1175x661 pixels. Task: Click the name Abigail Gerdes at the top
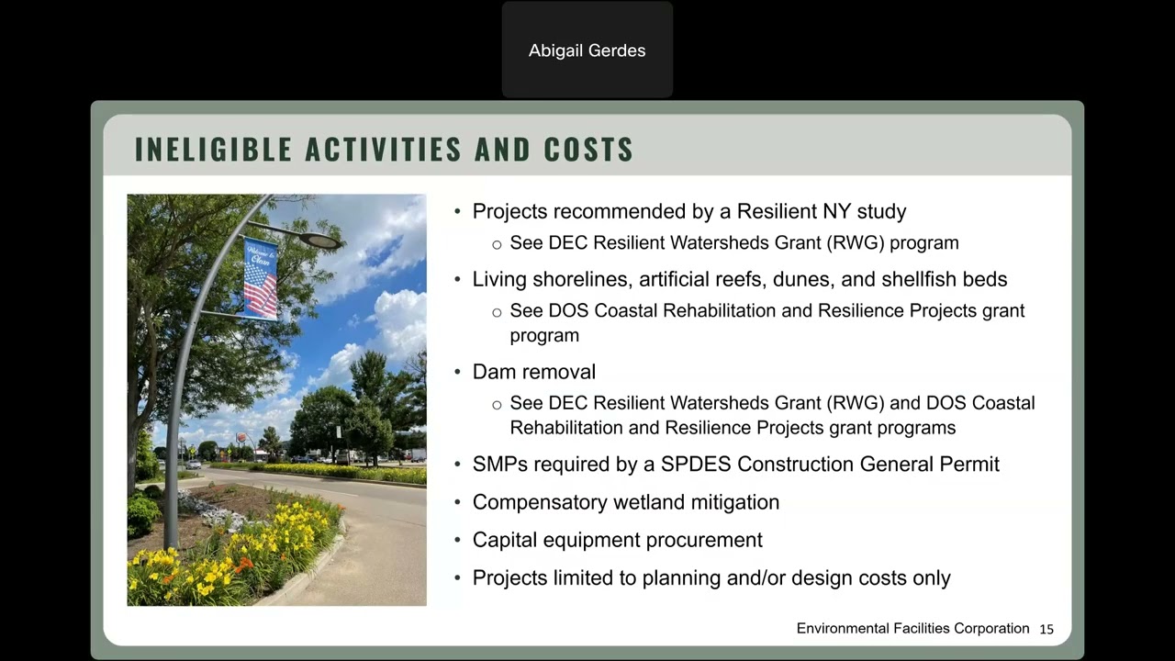click(587, 50)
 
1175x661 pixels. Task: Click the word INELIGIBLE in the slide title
click(213, 150)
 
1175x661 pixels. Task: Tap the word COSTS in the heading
click(587, 150)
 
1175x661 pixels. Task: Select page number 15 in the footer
click(1046, 629)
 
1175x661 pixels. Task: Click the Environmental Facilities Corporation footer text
click(912, 629)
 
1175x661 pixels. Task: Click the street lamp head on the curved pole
click(319, 241)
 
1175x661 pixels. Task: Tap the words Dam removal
click(533, 372)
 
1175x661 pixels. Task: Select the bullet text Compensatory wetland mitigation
click(625, 502)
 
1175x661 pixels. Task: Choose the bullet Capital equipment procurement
click(617, 540)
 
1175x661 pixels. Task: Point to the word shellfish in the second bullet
click(919, 279)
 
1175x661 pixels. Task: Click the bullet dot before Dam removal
click(458, 372)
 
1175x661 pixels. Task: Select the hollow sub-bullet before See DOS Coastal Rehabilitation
click(497, 312)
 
